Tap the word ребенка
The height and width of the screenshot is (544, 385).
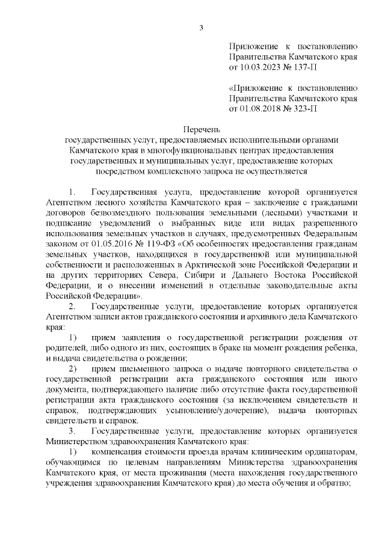341,349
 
